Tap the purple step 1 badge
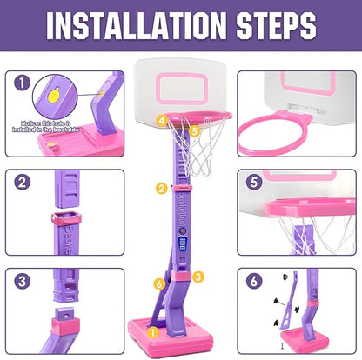pyautogui.click(x=22, y=85)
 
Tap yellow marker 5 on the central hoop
pyautogui.click(x=195, y=131)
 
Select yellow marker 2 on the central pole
pyautogui.click(x=160, y=188)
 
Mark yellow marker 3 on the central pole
pyautogui.click(x=199, y=277)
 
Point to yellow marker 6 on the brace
pyautogui.click(x=159, y=283)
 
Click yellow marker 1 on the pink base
pyautogui.click(x=153, y=330)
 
